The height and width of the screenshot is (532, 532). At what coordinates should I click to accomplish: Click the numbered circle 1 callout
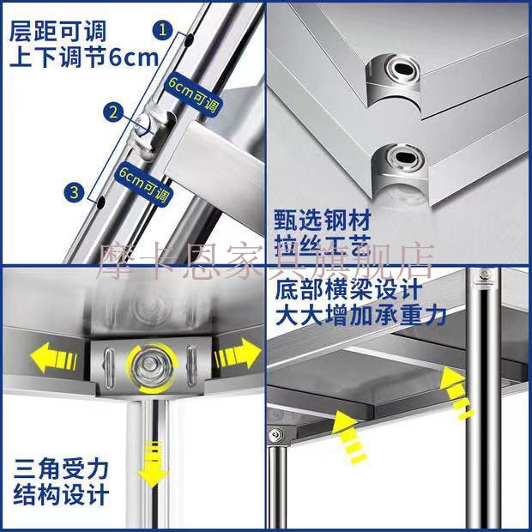pyautogui.click(x=163, y=29)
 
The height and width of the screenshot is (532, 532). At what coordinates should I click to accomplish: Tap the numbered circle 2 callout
pyautogui.click(x=113, y=112)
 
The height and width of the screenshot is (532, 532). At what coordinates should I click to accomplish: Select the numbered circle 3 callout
pyautogui.click(x=75, y=192)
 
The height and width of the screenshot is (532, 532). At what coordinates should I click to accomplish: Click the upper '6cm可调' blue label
pyautogui.click(x=192, y=93)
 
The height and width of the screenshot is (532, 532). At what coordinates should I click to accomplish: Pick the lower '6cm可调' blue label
pyautogui.click(x=144, y=184)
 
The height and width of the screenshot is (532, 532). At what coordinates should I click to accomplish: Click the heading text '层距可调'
pyautogui.click(x=57, y=31)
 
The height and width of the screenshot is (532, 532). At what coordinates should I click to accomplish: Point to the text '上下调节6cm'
pyautogui.click(x=84, y=57)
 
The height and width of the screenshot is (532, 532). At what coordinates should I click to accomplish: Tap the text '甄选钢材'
pyautogui.click(x=323, y=221)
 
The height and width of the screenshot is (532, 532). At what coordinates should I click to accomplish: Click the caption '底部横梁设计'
pyautogui.click(x=348, y=289)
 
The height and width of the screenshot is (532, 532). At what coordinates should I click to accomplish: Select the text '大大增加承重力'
pyautogui.click(x=360, y=316)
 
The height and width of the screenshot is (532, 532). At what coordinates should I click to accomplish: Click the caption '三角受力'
pyautogui.click(x=61, y=469)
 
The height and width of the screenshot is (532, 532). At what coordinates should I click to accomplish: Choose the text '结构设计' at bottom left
pyautogui.click(x=61, y=495)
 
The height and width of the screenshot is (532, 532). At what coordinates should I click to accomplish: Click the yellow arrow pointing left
pyautogui.click(x=53, y=359)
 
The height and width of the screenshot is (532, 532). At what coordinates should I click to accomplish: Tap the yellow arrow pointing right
pyautogui.click(x=237, y=354)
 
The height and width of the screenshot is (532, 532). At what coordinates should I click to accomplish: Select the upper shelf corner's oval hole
pyautogui.click(x=404, y=70)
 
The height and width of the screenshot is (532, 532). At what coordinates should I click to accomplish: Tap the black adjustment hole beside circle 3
pyautogui.click(x=101, y=203)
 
